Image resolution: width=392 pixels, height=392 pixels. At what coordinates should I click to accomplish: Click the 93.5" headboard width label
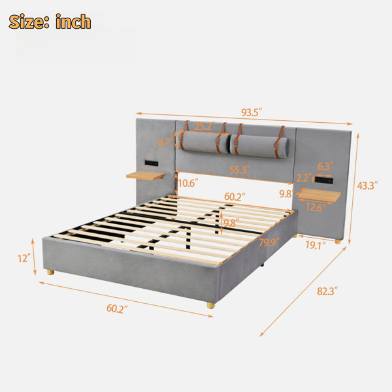pyautogui.click(x=252, y=112)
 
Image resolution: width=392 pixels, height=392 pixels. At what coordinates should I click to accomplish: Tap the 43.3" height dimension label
pyautogui.click(x=367, y=186)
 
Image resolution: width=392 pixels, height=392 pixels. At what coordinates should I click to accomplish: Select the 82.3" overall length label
pyautogui.click(x=327, y=291)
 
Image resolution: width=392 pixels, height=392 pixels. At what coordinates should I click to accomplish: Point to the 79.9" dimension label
pyautogui.click(x=269, y=242)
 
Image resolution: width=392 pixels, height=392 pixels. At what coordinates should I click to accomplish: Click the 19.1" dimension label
pyautogui.click(x=316, y=245)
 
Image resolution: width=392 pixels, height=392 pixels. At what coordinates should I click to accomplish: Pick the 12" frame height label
pyautogui.click(x=24, y=258)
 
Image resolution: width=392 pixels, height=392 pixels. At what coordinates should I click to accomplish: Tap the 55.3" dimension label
pyautogui.click(x=240, y=170)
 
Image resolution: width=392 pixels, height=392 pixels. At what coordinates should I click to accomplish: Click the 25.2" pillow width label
pyautogui.click(x=204, y=126)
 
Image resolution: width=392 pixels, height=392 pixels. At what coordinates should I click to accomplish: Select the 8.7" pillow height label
pyautogui.click(x=166, y=142)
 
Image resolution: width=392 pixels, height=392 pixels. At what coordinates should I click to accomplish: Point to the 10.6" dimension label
pyautogui.click(x=188, y=183)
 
